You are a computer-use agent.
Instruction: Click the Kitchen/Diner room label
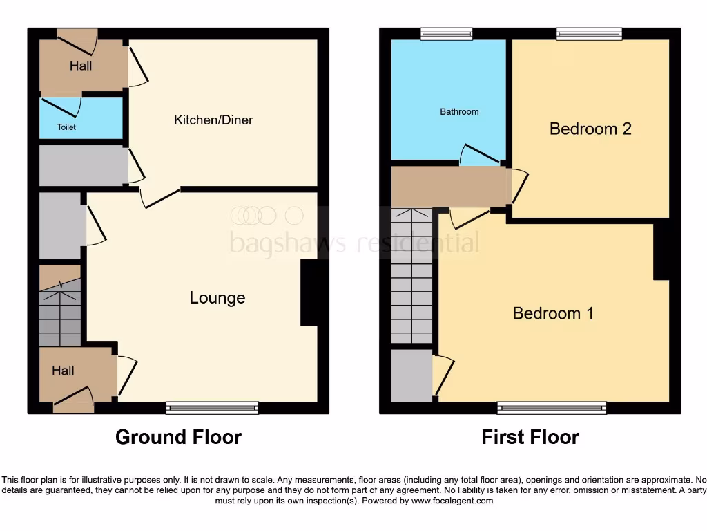pos(213,120)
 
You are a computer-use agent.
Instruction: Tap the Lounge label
pos(217,298)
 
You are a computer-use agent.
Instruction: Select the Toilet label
pos(66,127)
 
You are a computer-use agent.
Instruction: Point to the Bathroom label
pos(459,111)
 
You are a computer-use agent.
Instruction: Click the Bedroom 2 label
pos(590,129)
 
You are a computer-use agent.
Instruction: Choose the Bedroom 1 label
pos(553,313)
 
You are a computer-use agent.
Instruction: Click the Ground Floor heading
pos(178,437)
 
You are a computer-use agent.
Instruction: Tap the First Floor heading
pos(530,437)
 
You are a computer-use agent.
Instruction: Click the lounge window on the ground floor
pos(212,408)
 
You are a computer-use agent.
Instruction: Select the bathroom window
pos(447,33)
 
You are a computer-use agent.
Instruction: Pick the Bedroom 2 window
pos(589,33)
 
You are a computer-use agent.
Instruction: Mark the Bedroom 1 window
pos(552,408)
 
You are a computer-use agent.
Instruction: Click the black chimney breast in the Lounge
pos(309,292)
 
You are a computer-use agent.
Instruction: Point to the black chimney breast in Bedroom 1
pos(661,252)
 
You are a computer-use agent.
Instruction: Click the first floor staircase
pos(411,277)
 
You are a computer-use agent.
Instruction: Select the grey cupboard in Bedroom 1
pos(411,375)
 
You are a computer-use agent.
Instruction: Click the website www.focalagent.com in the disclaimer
pos(452,501)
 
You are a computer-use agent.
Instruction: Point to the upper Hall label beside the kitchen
pos(81,66)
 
